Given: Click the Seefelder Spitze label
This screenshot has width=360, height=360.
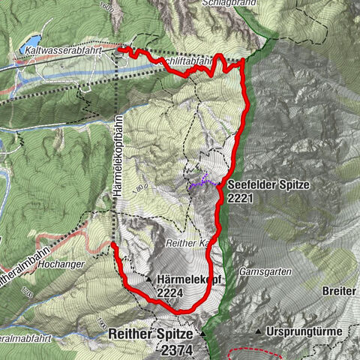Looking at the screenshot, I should (264, 184).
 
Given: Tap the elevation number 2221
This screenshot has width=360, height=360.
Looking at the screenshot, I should (244, 198).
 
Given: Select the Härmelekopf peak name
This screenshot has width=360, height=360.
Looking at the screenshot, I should (184, 279).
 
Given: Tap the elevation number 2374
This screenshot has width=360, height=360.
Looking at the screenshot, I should (177, 349).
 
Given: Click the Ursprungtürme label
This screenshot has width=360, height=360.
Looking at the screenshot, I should (304, 331).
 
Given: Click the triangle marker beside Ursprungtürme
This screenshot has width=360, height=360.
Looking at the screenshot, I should (258, 331).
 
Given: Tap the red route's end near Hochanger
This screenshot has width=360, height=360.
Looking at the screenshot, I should (112, 244).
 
